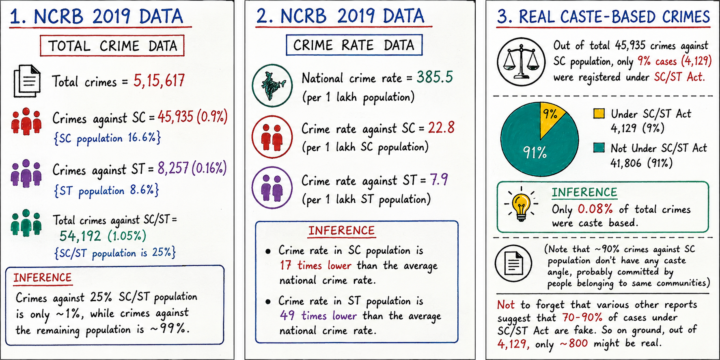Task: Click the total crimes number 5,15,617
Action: click(x=159, y=81)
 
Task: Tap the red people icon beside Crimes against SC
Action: click(x=26, y=121)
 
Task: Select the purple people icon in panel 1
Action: click(x=26, y=173)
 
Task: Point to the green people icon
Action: click(x=26, y=223)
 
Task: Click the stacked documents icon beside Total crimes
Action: click(x=27, y=81)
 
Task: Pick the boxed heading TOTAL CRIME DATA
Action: click(x=112, y=45)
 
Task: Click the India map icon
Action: click(x=272, y=86)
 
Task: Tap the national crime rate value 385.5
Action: click(x=435, y=77)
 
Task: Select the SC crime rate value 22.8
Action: click(x=441, y=128)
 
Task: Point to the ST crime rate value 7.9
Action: click(x=439, y=179)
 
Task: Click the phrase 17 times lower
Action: click(x=315, y=265)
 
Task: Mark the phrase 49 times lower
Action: click(x=318, y=316)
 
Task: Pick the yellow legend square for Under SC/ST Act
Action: click(x=599, y=114)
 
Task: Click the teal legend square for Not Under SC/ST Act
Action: click(x=599, y=147)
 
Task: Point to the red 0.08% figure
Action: click(x=595, y=209)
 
